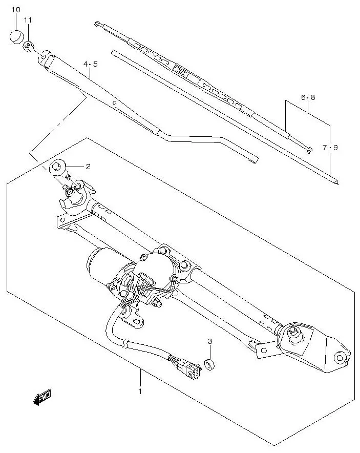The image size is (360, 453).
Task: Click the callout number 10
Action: pyautogui.click(x=15, y=10)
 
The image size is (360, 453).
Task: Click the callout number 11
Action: pyautogui.click(x=28, y=20)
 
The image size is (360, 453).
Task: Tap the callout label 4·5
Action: pyautogui.click(x=90, y=64)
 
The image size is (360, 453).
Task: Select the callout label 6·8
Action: pyautogui.click(x=308, y=97)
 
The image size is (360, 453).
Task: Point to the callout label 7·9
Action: pyautogui.click(x=330, y=148)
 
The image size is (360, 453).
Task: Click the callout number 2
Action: pyautogui.click(x=88, y=167)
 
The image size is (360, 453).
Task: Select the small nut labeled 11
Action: pyautogui.click(x=28, y=46)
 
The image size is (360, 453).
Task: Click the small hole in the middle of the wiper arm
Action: pyautogui.click(x=116, y=102)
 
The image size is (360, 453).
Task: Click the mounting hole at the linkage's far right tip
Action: pyautogui.click(x=340, y=357)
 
